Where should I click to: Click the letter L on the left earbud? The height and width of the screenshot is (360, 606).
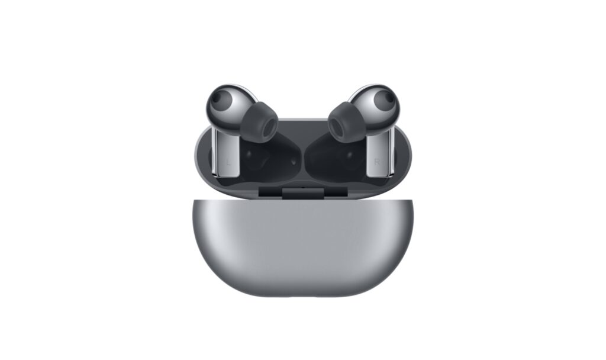pyautogui.click(x=228, y=162)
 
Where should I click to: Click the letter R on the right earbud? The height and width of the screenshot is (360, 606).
pyautogui.click(x=378, y=162)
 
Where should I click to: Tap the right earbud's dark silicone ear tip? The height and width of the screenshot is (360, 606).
pyautogui.click(x=347, y=122)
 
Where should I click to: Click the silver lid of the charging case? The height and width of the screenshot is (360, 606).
pyautogui.click(x=303, y=247)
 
